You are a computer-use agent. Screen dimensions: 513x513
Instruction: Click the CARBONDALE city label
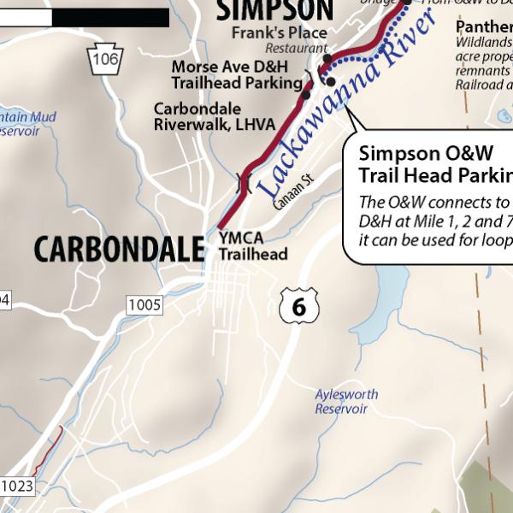pos(120,249)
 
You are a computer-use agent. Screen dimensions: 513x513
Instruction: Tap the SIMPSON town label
pos(273,9)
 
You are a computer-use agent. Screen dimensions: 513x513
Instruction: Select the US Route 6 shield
pos(298,306)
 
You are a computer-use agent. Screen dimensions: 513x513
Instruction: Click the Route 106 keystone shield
pos(105,58)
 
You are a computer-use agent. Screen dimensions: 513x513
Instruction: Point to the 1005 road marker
pos(144,304)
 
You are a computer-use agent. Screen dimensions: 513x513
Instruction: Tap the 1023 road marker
pos(16,486)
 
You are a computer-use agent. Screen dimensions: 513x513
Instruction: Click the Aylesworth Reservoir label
pos(341,402)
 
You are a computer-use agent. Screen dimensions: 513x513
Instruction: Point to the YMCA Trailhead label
pos(252,246)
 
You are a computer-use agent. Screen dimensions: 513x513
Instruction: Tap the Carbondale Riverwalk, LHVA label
pos(214,117)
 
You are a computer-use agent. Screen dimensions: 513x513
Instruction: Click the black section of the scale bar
pos(112,16)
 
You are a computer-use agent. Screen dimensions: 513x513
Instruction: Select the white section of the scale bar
pos(26,16)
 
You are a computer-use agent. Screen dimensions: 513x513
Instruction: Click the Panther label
pos(484,27)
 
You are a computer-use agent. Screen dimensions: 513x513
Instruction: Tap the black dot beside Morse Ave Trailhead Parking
pos(306,95)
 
